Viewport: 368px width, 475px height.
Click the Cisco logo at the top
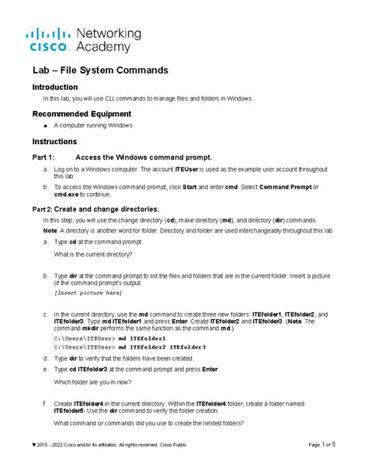[x=50, y=40]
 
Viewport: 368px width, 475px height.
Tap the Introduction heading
[x=55, y=88]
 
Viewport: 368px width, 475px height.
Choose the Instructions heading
[x=54, y=142]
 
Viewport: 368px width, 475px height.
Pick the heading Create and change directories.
[x=107, y=209]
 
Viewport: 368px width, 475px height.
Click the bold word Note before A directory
[x=49, y=231]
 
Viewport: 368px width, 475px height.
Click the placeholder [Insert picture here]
[x=88, y=294]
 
